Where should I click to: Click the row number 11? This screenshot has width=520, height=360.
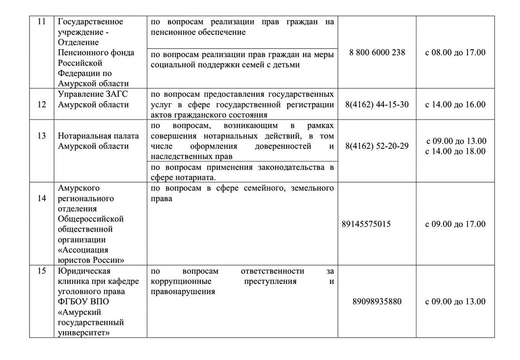41,22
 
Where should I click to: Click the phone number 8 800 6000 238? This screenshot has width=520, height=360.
377,53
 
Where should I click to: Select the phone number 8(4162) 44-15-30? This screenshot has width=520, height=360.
377,104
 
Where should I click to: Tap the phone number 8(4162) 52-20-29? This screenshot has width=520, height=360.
377,146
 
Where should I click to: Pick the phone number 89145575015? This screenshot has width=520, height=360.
366,224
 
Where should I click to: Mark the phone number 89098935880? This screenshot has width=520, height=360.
377,302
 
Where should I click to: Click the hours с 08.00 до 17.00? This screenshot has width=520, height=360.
455,53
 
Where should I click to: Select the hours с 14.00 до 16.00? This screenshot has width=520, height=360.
455,104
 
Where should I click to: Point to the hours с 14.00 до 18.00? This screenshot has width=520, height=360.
455,151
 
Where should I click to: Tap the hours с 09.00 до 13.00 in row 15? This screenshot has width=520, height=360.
455,302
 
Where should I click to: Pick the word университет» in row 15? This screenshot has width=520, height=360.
83,332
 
